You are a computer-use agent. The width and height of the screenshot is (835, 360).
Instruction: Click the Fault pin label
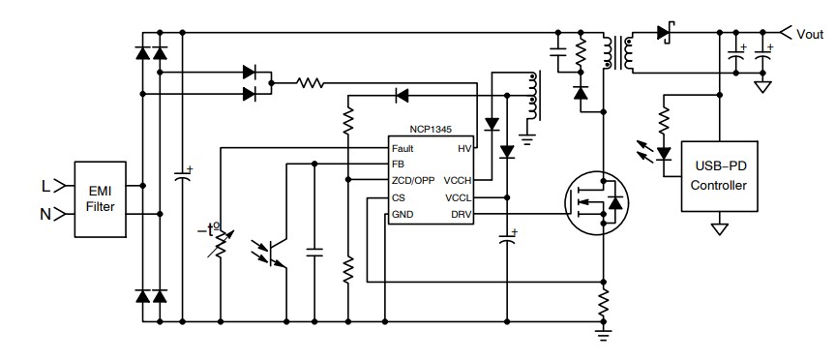pos(403,149)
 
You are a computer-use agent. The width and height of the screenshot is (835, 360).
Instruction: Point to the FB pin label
pos(398,165)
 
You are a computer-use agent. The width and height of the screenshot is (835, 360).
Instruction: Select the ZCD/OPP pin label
pos(411,181)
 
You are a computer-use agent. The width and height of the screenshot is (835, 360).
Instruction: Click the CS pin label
pos(398,197)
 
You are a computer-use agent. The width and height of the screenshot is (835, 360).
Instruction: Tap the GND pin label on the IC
pos(402,214)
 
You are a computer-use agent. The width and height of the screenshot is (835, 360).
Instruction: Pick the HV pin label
pos(463,149)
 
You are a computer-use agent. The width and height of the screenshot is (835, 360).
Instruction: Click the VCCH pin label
pos(458,181)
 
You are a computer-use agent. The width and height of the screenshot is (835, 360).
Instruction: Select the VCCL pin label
pos(458,197)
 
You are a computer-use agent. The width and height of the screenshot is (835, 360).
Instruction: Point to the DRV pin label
pos(460,214)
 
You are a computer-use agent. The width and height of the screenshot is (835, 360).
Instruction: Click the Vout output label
pos(809,34)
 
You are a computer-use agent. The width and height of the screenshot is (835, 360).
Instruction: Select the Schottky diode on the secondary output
pos(666,33)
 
